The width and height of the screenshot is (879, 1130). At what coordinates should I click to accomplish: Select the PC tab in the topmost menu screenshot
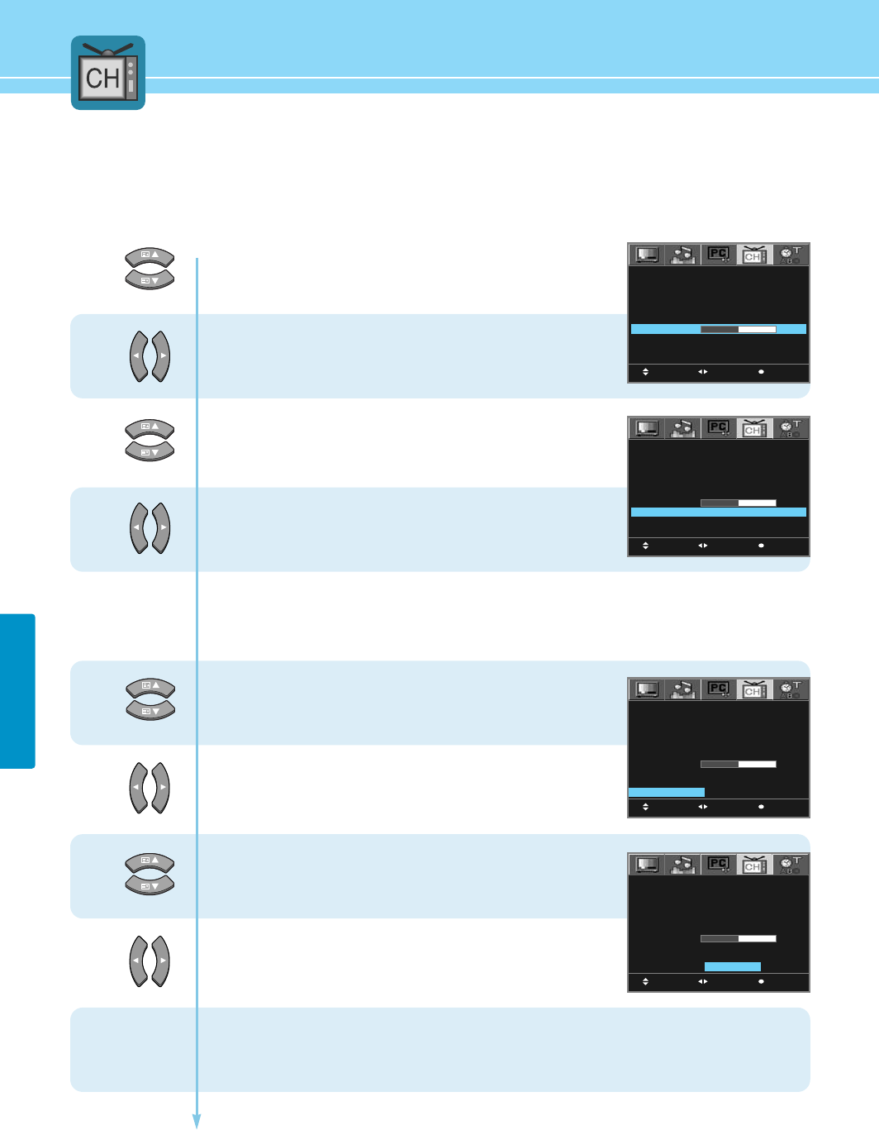pyautogui.click(x=718, y=255)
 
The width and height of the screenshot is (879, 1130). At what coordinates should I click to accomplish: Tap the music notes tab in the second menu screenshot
pyautogui.click(x=682, y=428)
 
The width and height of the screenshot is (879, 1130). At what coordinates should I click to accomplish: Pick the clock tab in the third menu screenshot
pyautogui.click(x=791, y=689)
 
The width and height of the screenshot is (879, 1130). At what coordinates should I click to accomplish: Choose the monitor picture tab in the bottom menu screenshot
pyautogui.click(x=647, y=865)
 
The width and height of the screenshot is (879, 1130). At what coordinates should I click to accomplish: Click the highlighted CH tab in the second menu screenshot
pyautogui.click(x=754, y=428)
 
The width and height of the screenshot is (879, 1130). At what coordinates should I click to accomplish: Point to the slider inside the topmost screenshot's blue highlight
pyautogui.click(x=738, y=329)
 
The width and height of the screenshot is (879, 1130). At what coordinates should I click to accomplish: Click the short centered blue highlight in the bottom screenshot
pyautogui.click(x=732, y=966)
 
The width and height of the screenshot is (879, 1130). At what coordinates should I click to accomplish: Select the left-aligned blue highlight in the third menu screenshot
pyautogui.click(x=667, y=792)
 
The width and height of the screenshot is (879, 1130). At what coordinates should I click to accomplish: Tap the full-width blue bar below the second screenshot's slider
pyautogui.click(x=718, y=513)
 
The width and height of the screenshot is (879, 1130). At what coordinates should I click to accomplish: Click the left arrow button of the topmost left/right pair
pyautogui.click(x=138, y=356)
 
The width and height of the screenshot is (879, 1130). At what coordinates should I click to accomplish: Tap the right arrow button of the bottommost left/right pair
pyautogui.click(x=162, y=961)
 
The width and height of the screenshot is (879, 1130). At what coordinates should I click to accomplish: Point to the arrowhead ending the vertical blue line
pyautogui.click(x=197, y=1122)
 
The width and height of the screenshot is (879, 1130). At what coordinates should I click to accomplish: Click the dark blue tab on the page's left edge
pyautogui.click(x=17, y=691)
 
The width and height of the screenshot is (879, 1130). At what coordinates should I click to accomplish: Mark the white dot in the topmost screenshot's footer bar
pyautogui.click(x=761, y=372)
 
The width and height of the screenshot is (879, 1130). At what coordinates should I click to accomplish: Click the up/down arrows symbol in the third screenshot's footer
pyautogui.click(x=645, y=807)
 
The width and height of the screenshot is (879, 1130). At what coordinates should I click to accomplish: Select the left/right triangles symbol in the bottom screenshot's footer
pyautogui.click(x=702, y=981)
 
